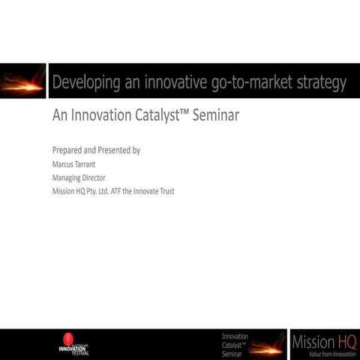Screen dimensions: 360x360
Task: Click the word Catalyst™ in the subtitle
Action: click(158, 118)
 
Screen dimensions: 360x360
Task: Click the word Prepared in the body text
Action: click(68, 150)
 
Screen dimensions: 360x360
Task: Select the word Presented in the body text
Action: click(115, 150)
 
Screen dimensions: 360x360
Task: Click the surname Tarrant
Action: click(91, 164)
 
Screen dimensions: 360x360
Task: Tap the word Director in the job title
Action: click(95, 178)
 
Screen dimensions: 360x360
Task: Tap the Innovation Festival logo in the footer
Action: click(73, 345)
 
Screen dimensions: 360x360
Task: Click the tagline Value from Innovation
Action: click(328, 354)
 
